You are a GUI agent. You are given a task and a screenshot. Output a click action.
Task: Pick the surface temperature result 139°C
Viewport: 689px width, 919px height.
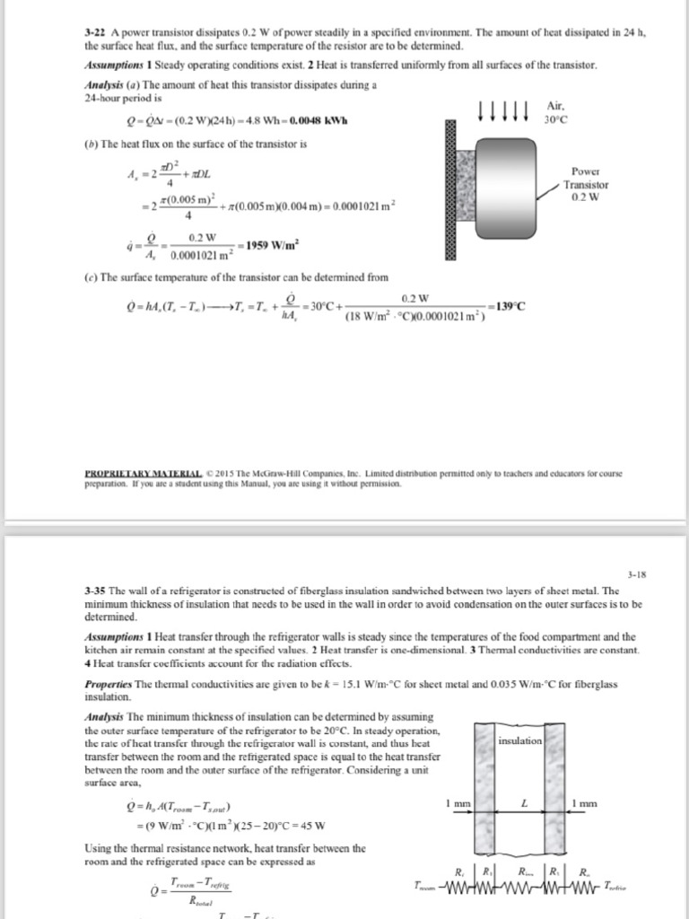click(507, 306)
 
